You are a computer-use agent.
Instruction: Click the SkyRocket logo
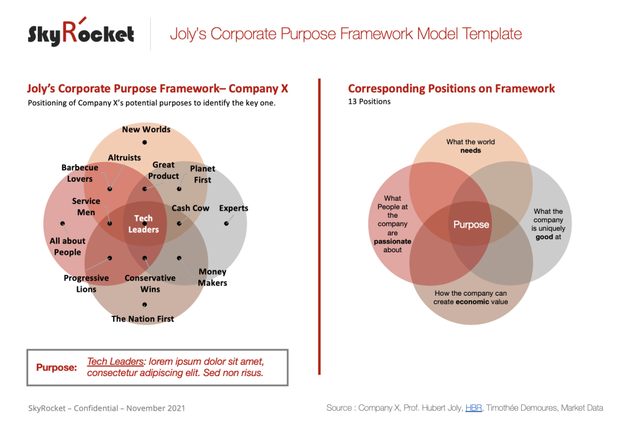(80, 33)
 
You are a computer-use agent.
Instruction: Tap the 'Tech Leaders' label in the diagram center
(143, 224)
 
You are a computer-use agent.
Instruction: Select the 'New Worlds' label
(146, 130)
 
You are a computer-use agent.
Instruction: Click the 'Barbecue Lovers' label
(80, 173)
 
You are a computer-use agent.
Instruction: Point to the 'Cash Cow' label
(190, 208)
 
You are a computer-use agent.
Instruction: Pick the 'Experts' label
(234, 208)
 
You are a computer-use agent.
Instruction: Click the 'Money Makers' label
(212, 277)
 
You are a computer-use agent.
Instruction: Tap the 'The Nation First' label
(143, 319)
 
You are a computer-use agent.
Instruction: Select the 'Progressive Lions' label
(86, 284)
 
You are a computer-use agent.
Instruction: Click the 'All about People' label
(67, 247)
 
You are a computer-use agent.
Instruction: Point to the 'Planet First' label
(202, 174)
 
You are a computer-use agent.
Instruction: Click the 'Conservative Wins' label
(150, 284)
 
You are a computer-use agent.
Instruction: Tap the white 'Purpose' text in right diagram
(471, 225)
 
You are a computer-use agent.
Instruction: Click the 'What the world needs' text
(470, 146)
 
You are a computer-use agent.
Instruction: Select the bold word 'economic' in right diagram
(473, 302)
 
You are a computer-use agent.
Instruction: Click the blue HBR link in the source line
(474, 408)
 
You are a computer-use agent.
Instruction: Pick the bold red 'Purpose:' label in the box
(57, 367)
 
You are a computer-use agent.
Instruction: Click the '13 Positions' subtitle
(369, 101)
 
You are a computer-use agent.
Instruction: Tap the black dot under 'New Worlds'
(144, 143)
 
